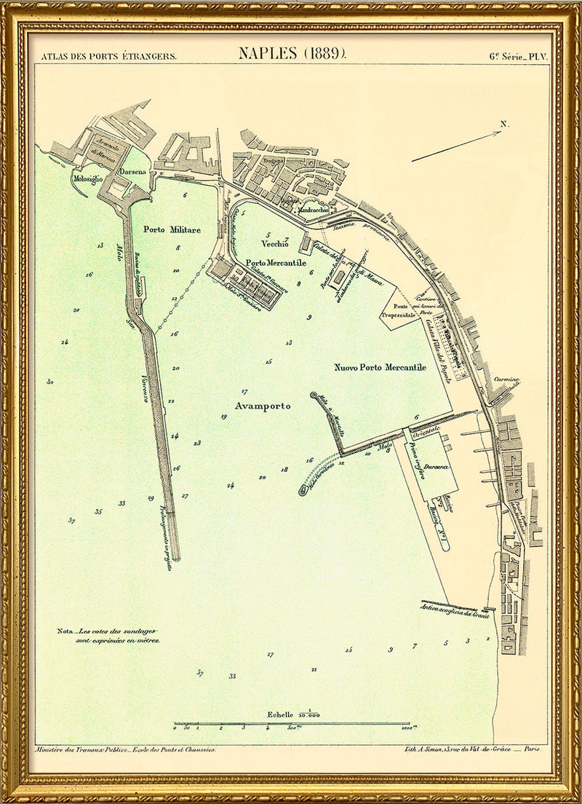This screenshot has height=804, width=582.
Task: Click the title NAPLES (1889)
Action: [292, 53]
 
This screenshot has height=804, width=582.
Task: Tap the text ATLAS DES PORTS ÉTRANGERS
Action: [108, 55]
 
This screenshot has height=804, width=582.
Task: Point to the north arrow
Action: [457, 145]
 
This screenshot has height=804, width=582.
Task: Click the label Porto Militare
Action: [172, 229]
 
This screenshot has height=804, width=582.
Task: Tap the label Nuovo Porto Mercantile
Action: [380, 368]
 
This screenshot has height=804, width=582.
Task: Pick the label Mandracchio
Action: [314, 210]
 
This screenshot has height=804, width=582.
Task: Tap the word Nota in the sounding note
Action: [65, 631]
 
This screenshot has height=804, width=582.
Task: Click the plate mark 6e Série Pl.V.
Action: [515, 55]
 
